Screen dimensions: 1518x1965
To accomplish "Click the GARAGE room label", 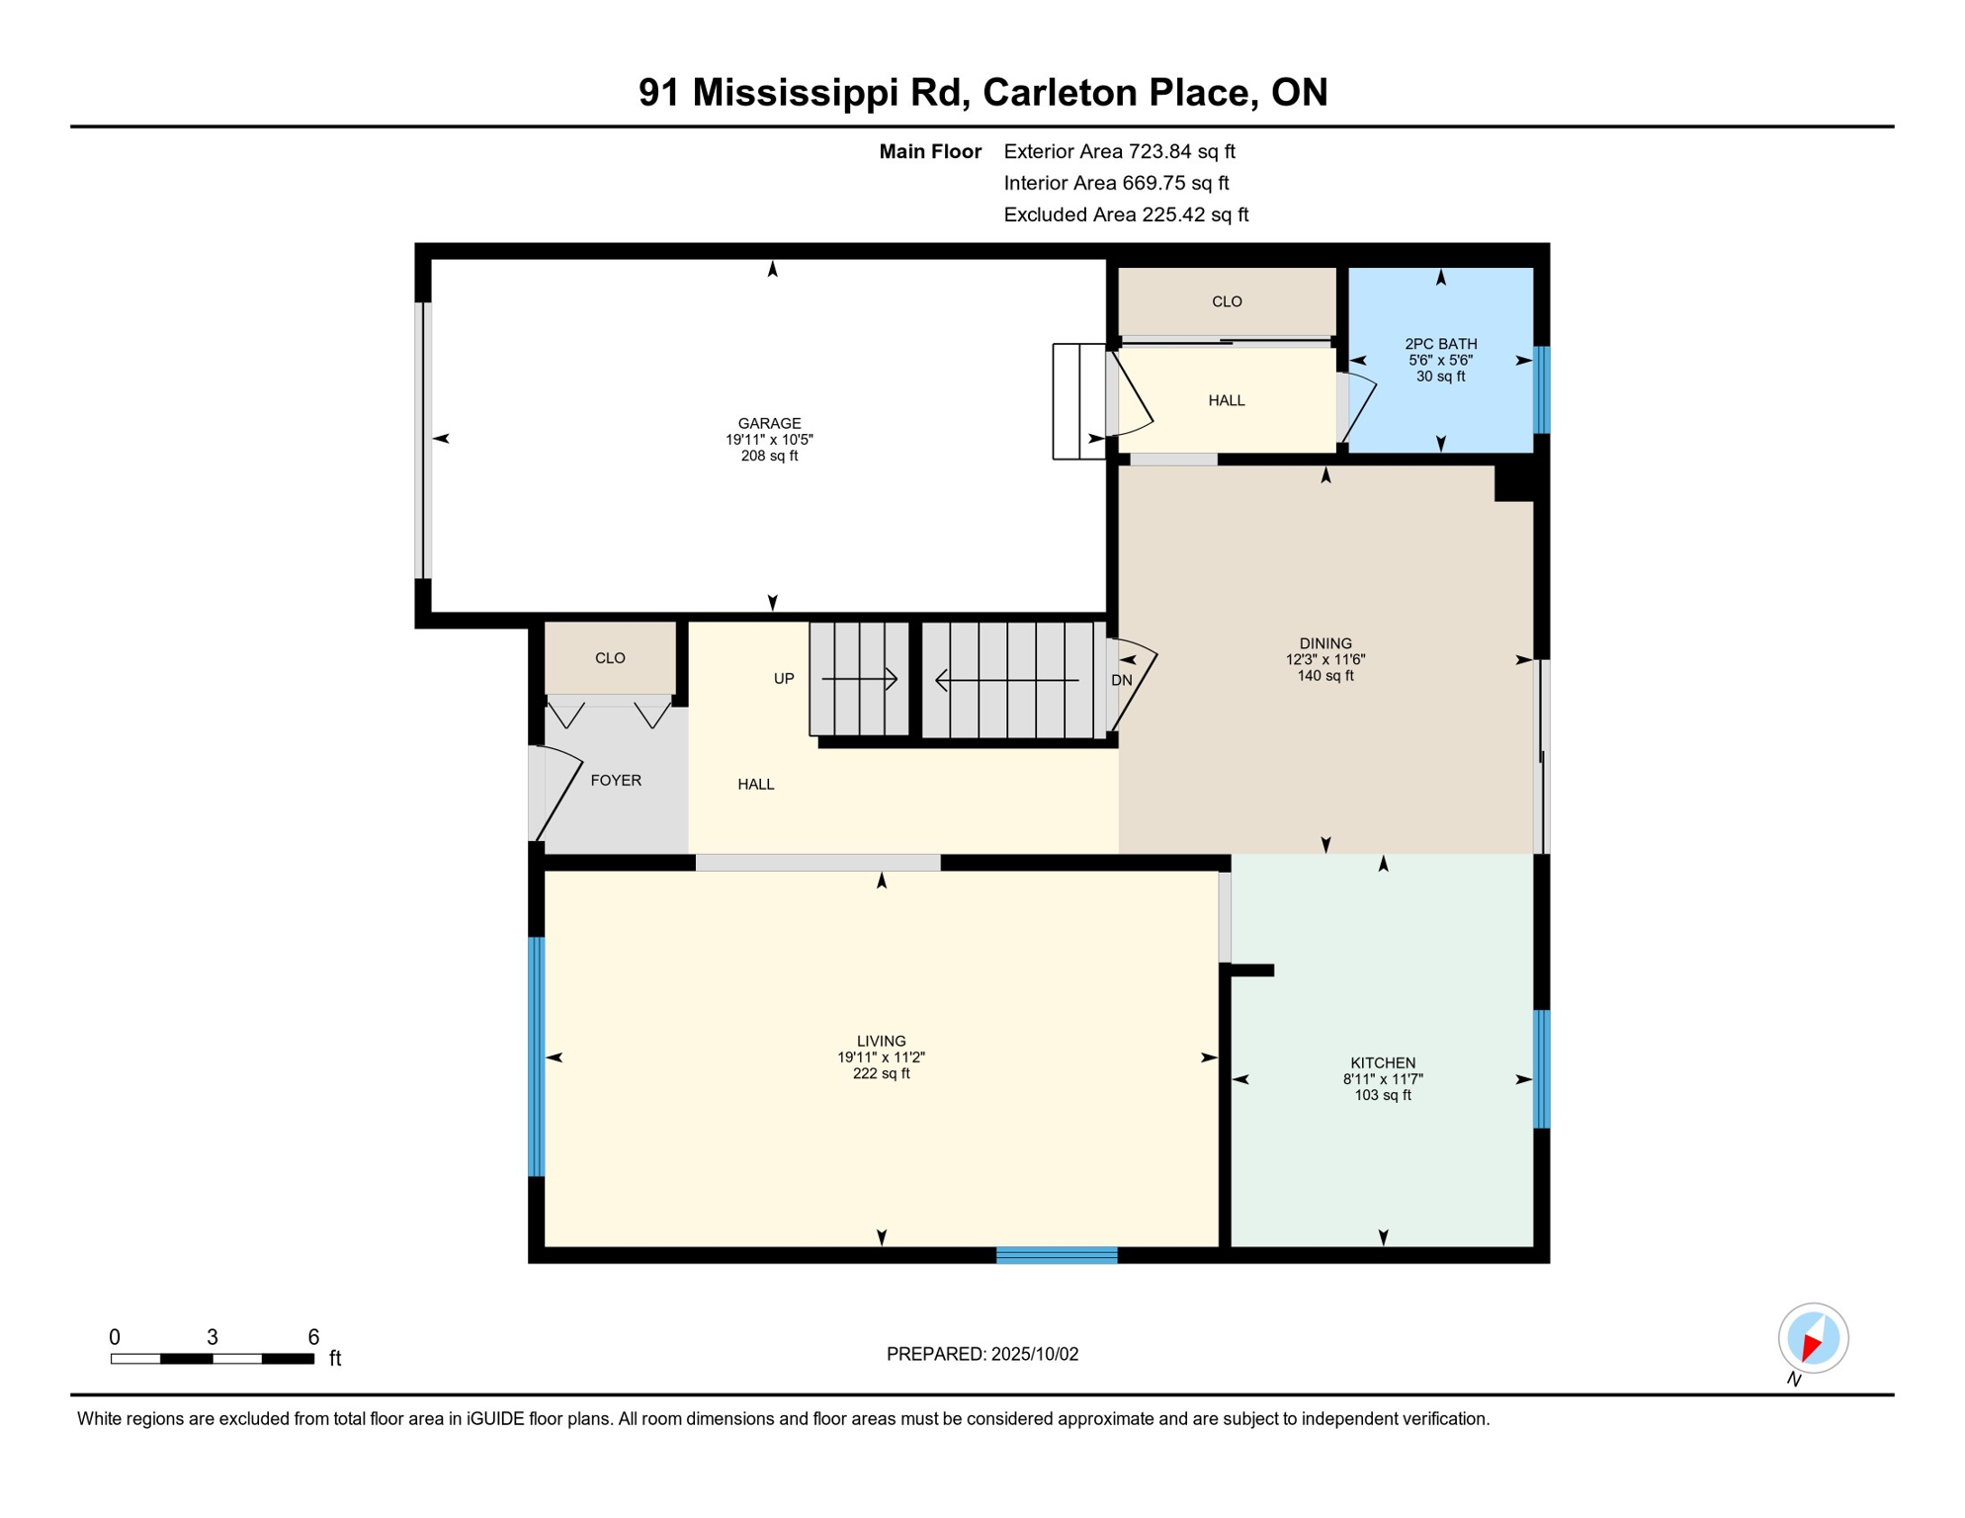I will click(x=769, y=423).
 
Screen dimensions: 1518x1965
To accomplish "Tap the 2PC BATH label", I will click(x=1440, y=344).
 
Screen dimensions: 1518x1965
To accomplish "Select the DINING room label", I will click(x=1324, y=643).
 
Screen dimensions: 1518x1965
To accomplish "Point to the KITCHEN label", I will click(x=1382, y=1062).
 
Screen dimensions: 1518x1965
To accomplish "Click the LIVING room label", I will click(x=881, y=1041).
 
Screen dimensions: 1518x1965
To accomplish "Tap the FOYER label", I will click(x=616, y=780).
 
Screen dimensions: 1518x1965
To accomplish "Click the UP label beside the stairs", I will click(x=783, y=678).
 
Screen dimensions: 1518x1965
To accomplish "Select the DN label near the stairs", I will click(x=1121, y=680).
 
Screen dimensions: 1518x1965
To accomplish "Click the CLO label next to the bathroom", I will click(x=1226, y=301).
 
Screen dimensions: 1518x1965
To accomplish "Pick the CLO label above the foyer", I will click(x=610, y=657).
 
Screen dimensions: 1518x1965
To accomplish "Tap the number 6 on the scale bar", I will click(x=313, y=1337).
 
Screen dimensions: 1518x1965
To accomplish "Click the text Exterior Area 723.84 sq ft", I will click(x=1119, y=151).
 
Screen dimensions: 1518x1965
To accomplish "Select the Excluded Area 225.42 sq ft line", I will click(x=1125, y=214).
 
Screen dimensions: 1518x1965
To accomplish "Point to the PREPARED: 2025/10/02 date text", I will click(x=982, y=1354).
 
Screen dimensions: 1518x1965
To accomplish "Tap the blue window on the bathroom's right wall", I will click(x=1540, y=389).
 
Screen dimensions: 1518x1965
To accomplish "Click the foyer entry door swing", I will click(x=558, y=791).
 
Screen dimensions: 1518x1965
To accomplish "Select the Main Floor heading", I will click(x=929, y=151).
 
